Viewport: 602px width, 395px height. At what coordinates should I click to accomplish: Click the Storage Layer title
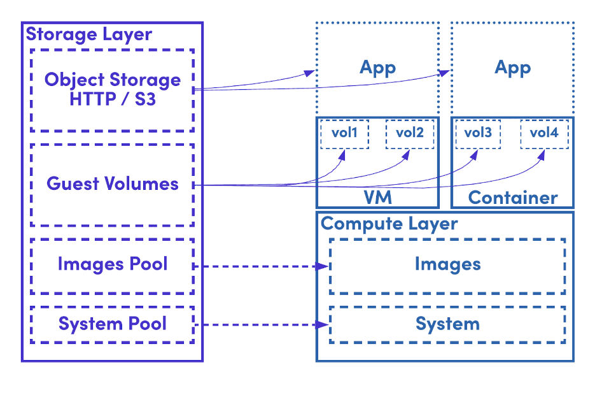89,34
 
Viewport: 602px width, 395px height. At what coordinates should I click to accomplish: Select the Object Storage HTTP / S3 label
113,90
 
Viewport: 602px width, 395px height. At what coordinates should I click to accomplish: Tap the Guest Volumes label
113,184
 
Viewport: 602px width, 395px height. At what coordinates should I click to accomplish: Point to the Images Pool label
113,264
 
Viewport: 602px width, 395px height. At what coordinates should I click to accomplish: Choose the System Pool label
113,324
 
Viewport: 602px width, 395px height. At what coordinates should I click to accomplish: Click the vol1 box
344,133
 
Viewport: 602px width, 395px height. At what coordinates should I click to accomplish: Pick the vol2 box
409,133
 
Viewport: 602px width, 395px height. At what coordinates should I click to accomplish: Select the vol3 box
478,133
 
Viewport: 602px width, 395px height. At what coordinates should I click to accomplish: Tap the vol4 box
543,133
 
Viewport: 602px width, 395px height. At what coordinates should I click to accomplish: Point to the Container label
513,197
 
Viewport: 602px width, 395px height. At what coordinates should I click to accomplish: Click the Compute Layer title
389,224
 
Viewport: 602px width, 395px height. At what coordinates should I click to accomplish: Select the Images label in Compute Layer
447,264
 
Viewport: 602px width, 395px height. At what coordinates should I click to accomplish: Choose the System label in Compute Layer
447,324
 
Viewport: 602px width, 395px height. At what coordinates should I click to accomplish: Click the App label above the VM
377,68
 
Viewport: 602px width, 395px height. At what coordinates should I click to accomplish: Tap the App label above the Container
512,68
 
